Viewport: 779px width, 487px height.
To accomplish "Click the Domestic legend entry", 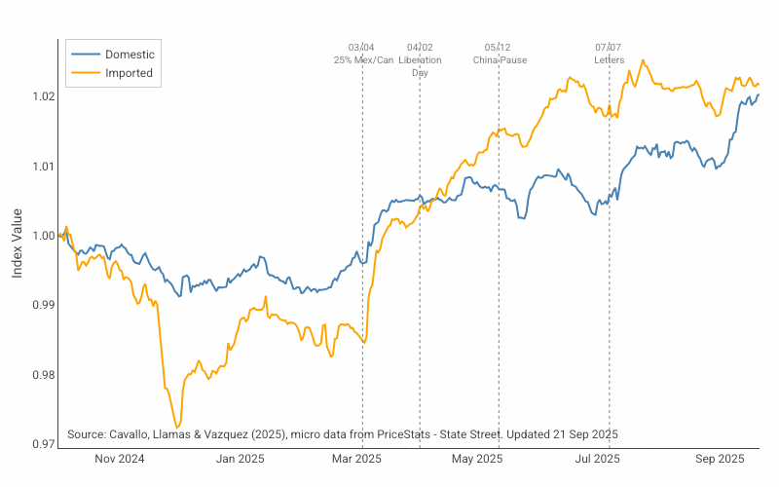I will point(129,55).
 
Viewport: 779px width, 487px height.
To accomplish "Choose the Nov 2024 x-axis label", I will point(121,458).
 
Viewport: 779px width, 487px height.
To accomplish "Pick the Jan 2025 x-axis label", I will point(240,458).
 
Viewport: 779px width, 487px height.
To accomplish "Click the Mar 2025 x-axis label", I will point(356,458).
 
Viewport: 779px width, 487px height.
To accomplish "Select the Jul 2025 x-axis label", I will point(597,458).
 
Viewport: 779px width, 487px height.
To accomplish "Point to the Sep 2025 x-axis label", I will point(719,458).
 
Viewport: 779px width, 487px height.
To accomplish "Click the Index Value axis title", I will point(18,236).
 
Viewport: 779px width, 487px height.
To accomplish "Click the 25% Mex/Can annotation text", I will point(363,59).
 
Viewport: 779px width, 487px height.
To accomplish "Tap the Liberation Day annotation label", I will point(420,66).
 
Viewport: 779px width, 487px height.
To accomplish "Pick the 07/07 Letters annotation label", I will point(609,53).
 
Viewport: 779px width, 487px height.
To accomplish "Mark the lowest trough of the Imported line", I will point(176,427).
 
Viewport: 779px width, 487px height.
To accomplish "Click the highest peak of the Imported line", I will point(643,60).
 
